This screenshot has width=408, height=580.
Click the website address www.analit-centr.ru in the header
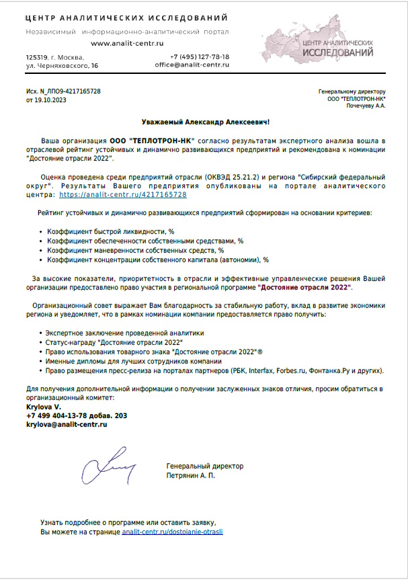[x=127, y=43]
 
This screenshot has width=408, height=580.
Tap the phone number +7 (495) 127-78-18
[x=200, y=57]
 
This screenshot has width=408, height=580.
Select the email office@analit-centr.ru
[x=192, y=65]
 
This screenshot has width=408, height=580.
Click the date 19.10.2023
[x=51, y=99]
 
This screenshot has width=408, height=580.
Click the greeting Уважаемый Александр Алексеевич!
[x=206, y=122]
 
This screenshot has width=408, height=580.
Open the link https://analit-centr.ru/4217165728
[x=123, y=194]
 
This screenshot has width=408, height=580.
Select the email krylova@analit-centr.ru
[x=67, y=425]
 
